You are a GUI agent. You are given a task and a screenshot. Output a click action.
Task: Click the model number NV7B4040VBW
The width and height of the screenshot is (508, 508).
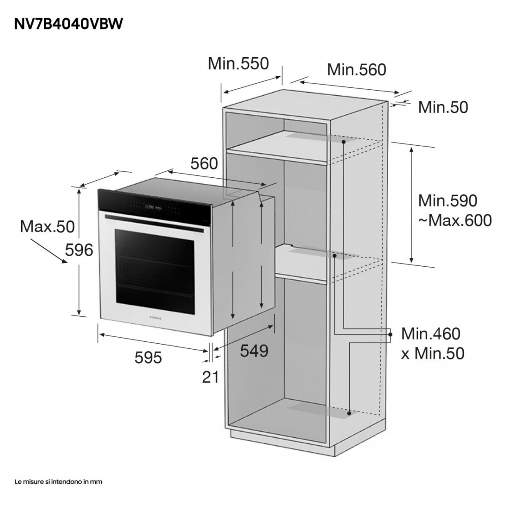[69, 24]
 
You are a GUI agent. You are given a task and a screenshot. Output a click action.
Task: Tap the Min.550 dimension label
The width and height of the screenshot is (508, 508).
[238, 63]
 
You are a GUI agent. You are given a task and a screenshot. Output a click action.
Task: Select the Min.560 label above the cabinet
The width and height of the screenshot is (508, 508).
[356, 69]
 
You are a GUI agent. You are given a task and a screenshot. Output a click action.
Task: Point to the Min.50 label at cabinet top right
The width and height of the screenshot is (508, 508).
[443, 108]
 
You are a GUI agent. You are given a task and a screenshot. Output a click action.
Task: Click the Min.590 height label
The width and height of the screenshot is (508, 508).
[447, 200]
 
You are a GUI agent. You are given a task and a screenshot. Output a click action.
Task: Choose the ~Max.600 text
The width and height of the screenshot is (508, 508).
[455, 220]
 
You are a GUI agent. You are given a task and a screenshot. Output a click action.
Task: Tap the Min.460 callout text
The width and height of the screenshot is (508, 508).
[431, 334]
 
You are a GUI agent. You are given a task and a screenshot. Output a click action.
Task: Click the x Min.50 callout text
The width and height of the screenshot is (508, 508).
[433, 353]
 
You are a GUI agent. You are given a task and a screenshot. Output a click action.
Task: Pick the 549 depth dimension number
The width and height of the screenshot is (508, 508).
[254, 350]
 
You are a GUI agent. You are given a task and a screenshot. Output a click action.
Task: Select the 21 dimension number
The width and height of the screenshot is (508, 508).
[210, 376]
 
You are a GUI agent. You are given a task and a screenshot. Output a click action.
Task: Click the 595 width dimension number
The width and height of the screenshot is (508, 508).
[148, 358]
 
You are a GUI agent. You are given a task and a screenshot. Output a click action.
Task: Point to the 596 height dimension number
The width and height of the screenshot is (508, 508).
[79, 250]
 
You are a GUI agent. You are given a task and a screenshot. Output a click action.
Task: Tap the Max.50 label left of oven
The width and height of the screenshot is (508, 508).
[47, 226]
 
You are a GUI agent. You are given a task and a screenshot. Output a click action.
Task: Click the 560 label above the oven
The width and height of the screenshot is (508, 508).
[204, 163]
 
